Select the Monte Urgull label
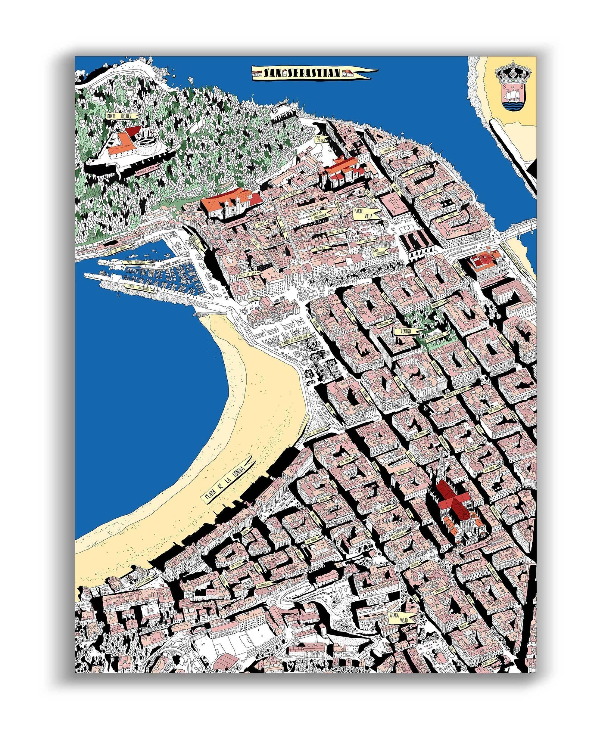coord(123,115)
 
